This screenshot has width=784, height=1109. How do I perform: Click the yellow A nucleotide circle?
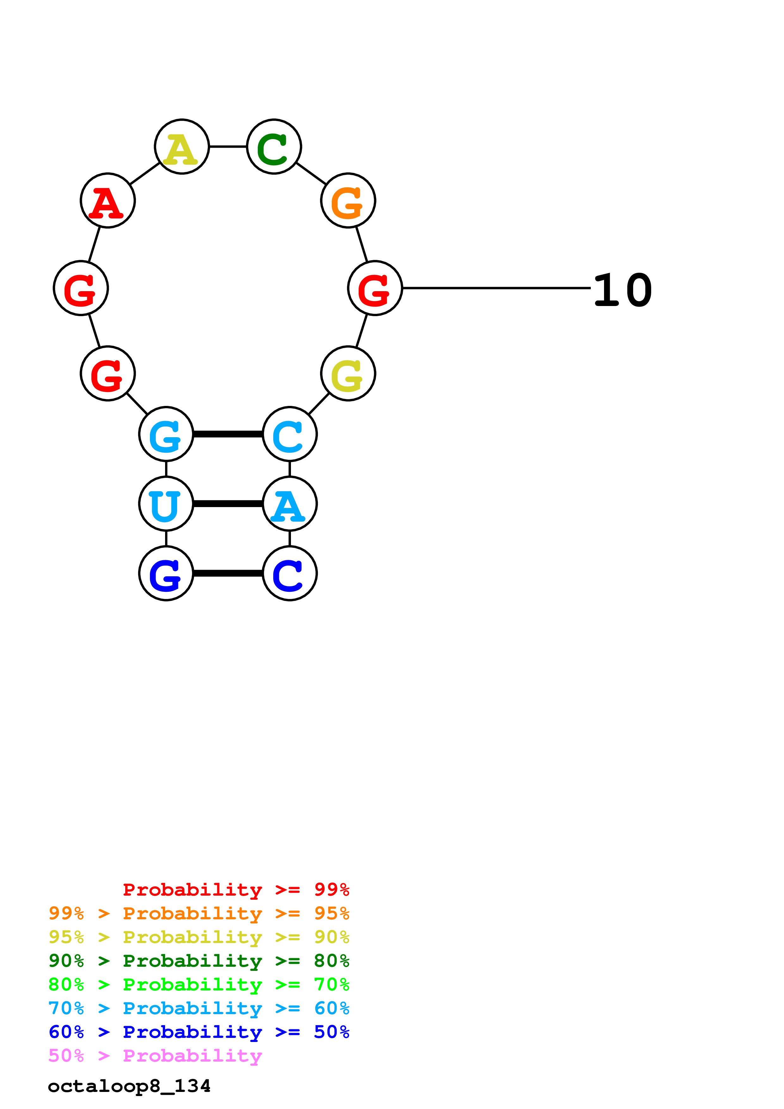click(182, 146)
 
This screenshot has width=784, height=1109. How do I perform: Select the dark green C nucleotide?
click(274, 146)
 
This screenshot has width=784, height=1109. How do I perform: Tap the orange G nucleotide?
click(348, 200)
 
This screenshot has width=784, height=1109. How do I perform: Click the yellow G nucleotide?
click(348, 373)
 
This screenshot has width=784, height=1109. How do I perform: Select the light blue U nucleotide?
click(166, 504)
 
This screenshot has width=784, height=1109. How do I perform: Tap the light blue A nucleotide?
click(289, 504)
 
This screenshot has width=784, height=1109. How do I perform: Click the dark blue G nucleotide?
click(166, 573)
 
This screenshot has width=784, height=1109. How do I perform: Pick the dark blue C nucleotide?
click(289, 573)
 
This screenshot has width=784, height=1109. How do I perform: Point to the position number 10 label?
click(623, 290)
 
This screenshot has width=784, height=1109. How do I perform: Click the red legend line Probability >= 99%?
click(236, 889)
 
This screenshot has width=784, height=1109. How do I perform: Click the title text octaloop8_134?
click(129, 1086)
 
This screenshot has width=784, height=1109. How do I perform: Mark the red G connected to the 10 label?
click(375, 288)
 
